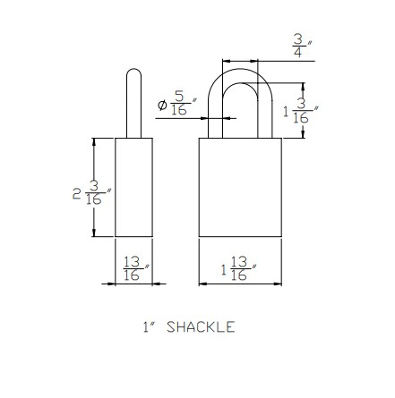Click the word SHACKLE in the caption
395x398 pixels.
pos(201,327)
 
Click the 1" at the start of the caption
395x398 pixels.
pos(147,327)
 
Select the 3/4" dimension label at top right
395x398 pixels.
pos(298,46)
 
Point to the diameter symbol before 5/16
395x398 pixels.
pos(162,105)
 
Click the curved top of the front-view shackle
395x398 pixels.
pos(239,64)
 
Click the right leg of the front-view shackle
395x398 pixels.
pos(266,112)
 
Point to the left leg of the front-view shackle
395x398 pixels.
pos(213,112)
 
